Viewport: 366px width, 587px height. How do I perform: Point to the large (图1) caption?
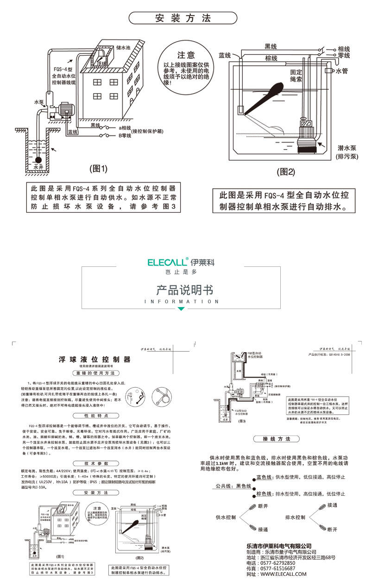point(98,169)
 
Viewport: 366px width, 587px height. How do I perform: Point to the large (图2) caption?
point(285,171)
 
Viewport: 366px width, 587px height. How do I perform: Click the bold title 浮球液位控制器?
point(95,360)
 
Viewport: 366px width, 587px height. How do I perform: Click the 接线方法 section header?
point(276,439)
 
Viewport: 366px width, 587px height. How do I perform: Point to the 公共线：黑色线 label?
point(232,486)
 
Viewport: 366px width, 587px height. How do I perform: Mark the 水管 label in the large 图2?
point(341,71)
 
